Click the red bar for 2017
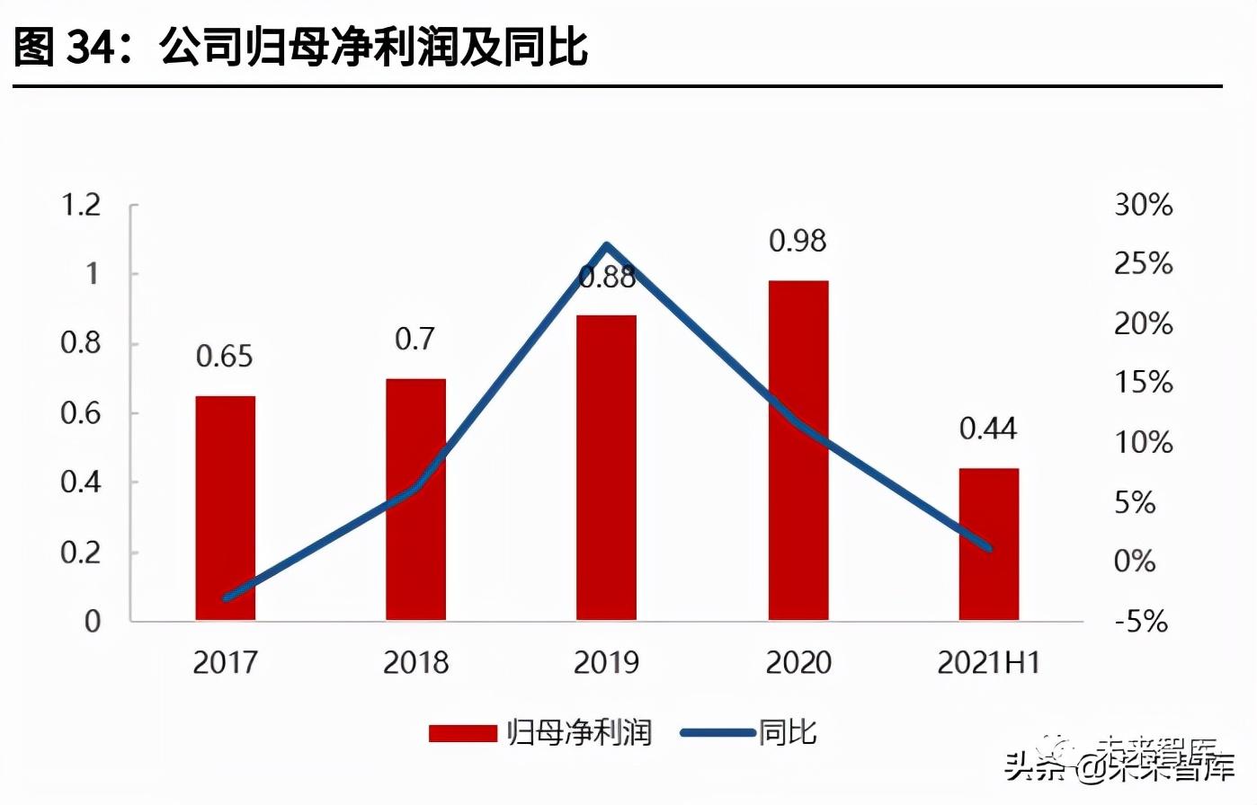pyautogui.click(x=225, y=508)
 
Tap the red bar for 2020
pyautogui.click(x=798, y=449)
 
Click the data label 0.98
pyautogui.click(x=798, y=241)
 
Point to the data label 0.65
pyautogui.click(x=225, y=357)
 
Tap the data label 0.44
pyautogui.click(x=988, y=429)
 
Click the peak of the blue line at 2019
pyautogui.click(x=607, y=245)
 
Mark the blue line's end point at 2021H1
pyautogui.click(x=988, y=547)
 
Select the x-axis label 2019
pyautogui.click(x=606, y=663)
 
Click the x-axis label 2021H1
pyautogui.click(x=988, y=663)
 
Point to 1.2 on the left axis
pyautogui.click(x=81, y=205)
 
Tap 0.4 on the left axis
pyautogui.click(x=81, y=482)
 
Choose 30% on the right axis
pyautogui.click(x=1144, y=205)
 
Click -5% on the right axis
pyautogui.click(x=1141, y=621)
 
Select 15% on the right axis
pyautogui.click(x=1144, y=383)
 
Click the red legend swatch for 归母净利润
pyautogui.click(x=462, y=733)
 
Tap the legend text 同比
pyautogui.click(x=788, y=732)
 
